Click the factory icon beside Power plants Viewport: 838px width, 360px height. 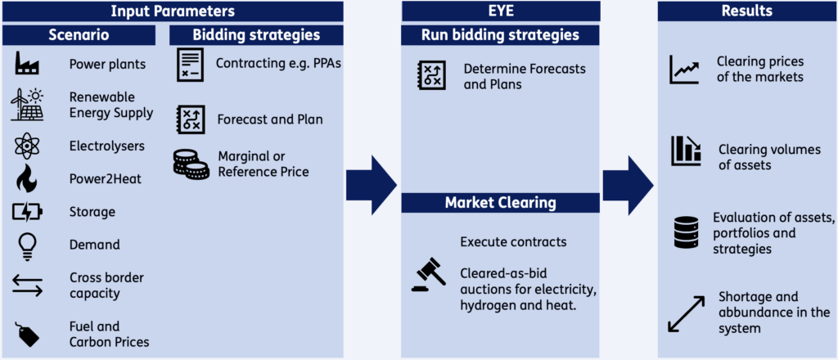pyautogui.click(x=27, y=64)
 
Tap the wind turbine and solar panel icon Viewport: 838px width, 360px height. pyautogui.click(x=27, y=104)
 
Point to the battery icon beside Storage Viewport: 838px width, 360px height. pyautogui.click(x=27, y=212)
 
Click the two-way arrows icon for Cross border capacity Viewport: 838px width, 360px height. pyautogui.click(x=27, y=285)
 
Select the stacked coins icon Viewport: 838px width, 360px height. pyautogui.click(x=191, y=164)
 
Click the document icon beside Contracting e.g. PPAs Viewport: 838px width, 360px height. pyautogui.click(x=190, y=65)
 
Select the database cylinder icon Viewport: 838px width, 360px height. pyautogui.click(x=687, y=232)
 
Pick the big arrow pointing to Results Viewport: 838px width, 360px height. pyautogui.click(x=628, y=186)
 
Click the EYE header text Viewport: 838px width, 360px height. pyautogui.click(x=500, y=11)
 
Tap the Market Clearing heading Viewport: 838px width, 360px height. pyautogui.click(x=500, y=203)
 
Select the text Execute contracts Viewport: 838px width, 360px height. pyautogui.click(x=513, y=242)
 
